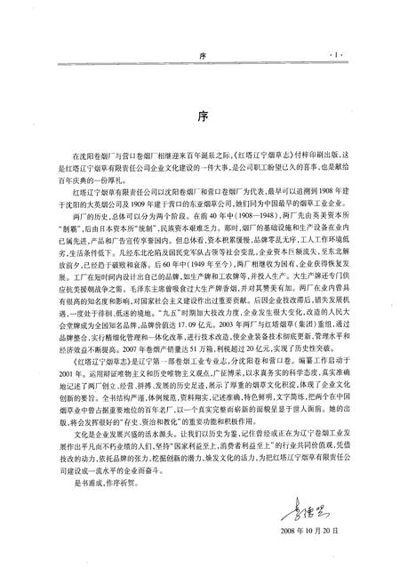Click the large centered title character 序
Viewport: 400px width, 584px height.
click(200, 116)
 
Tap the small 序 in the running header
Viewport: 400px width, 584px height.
click(200, 55)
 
